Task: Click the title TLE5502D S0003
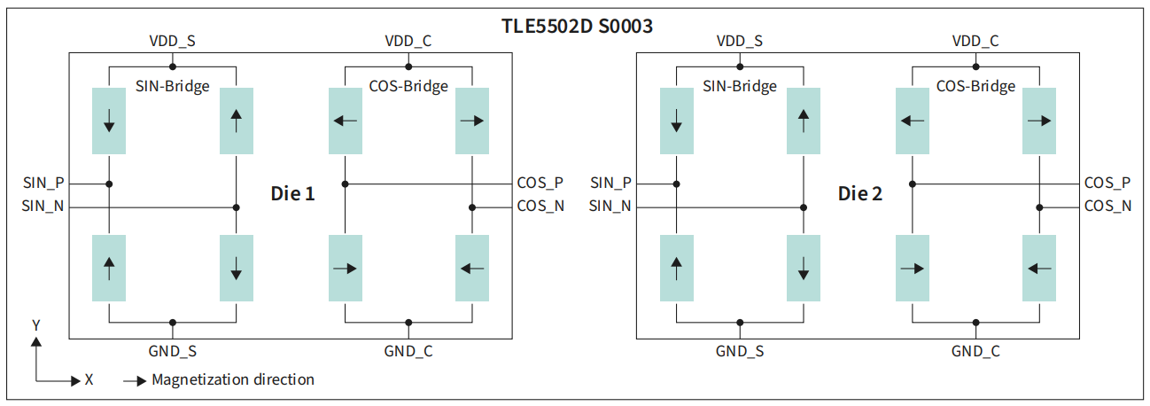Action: [x=577, y=27]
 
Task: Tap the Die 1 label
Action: [x=292, y=194]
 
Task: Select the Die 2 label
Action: [x=860, y=194]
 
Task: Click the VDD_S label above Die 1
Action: [x=173, y=41]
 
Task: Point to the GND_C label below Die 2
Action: [x=975, y=351]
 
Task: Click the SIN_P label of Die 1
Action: [x=43, y=183]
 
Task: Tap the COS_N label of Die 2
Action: [x=1107, y=206]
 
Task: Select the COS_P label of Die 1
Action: [x=540, y=183]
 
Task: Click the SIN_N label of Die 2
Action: [x=610, y=206]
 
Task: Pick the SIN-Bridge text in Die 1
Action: [x=173, y=86]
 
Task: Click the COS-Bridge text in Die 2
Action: [x=975, y=86]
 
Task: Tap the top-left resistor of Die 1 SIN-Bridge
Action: [x=109, y=121]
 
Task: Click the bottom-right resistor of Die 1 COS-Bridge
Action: [x=472, y=269]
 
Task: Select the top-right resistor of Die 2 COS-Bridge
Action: [x=1039, y=121]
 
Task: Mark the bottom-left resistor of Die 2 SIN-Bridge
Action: [x=677, y=269]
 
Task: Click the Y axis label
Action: [x=36, y=325]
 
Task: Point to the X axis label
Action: [x=89, y=379]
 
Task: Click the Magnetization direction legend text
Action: [x=233, y=379]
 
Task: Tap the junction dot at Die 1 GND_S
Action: [x=173, y=323]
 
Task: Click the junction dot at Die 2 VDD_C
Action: [x=976, y=66]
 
